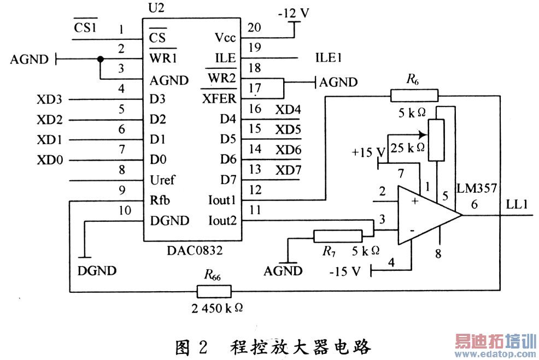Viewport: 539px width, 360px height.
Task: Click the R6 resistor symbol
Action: (414, 96)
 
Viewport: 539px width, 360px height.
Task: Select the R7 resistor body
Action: (338, 236)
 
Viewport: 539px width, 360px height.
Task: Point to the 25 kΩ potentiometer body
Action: (436, 140)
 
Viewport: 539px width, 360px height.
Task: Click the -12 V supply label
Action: (293, 13)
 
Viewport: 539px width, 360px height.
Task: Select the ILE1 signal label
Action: (329, 58)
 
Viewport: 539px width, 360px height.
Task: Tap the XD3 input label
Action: (49, 99)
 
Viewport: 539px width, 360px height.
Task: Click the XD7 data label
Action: (288, 170)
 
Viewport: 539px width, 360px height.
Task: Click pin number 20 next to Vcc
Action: (254, 27)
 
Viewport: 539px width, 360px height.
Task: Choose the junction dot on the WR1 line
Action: (100, 58)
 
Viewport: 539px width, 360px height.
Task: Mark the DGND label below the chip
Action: (97, 270)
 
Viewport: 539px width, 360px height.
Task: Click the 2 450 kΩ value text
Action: (217, 308)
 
